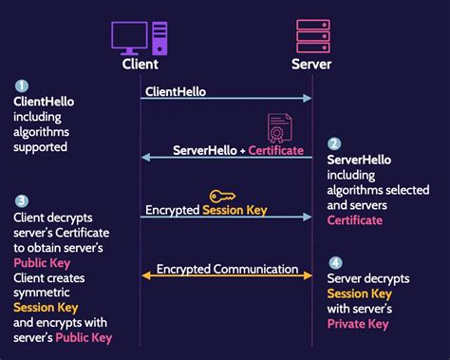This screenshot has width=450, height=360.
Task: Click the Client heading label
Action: [141, 65]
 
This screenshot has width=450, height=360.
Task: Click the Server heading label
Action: [312, 65]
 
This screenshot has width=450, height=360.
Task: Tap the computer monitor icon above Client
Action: [129, 37]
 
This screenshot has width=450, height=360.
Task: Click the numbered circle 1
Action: [21, 85]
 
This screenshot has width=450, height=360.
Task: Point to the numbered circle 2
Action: [334, 144]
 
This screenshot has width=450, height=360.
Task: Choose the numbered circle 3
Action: [21, 200]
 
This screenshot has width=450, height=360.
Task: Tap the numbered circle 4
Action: [334, 262]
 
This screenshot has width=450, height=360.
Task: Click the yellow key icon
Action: [223, 196]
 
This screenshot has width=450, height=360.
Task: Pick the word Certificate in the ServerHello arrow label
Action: [276, 150]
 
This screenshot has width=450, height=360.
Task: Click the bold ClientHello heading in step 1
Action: [43, 100]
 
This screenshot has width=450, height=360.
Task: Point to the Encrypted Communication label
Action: [228, 269]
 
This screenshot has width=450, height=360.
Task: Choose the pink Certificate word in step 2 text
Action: [355, 219]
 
